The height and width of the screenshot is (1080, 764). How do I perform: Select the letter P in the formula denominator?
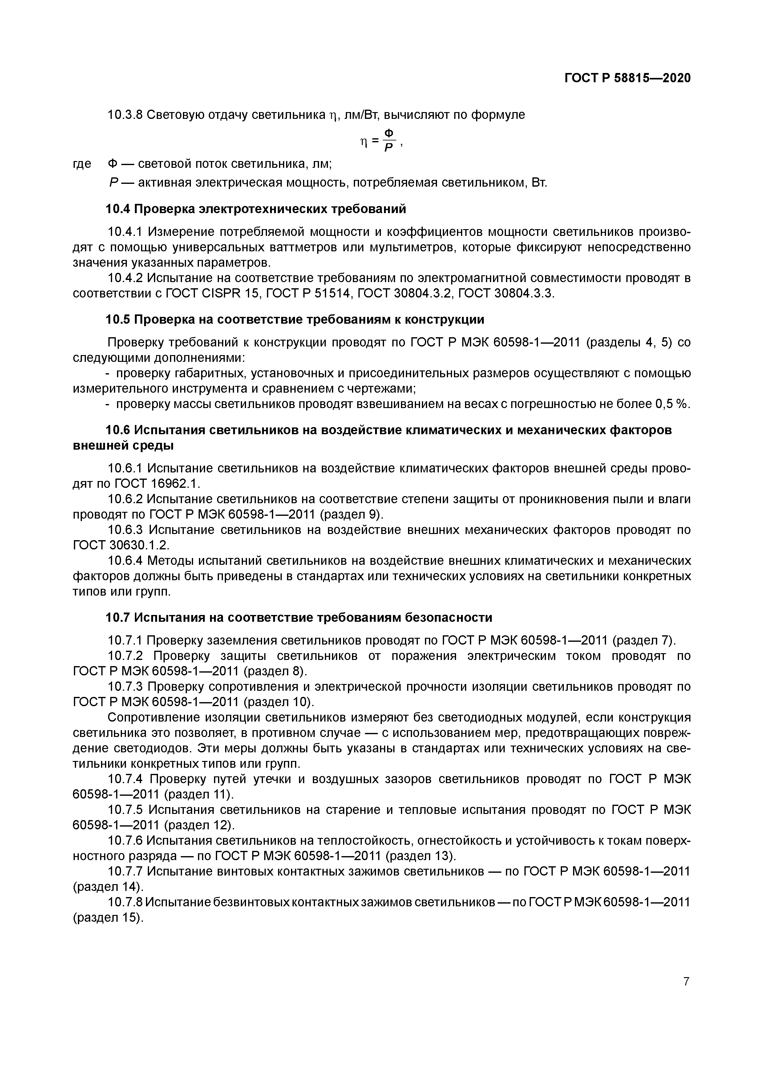click(389, 149)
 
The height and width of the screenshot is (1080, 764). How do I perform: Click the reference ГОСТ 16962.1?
click(156, 483)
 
